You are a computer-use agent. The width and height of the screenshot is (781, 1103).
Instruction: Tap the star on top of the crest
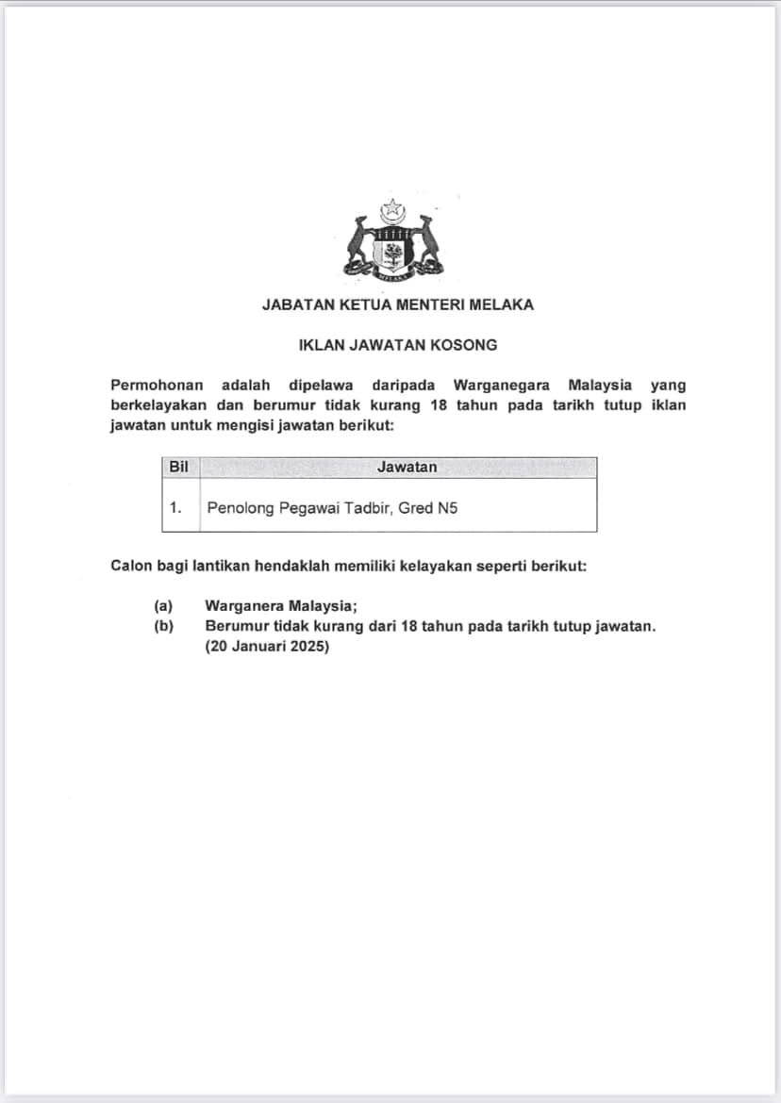390,207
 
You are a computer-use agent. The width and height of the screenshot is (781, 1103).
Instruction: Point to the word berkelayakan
156,405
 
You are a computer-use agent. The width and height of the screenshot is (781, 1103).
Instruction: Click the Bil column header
178,467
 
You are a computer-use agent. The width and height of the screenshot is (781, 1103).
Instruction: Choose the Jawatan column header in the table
407,467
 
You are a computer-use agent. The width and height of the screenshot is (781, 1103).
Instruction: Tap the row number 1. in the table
175,507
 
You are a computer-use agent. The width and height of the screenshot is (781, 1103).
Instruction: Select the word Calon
130,567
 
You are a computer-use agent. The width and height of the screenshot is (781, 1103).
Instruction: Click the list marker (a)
163,607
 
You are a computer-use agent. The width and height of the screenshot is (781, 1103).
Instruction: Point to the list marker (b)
163,627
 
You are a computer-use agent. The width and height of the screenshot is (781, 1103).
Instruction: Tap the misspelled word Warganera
245,607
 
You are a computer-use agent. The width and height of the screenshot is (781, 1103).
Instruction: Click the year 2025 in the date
306,648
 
